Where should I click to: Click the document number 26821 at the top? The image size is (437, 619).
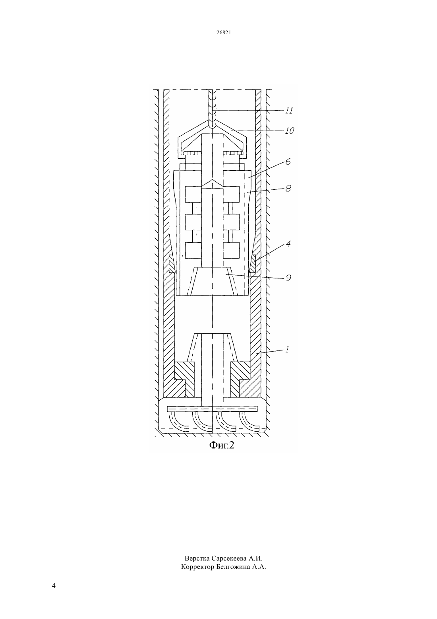224,32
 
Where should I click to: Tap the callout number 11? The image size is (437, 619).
288,111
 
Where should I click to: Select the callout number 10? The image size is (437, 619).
289,130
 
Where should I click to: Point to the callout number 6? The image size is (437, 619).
288,162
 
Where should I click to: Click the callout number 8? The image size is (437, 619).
288,189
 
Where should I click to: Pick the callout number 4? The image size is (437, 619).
288,243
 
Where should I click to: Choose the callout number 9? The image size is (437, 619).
288,277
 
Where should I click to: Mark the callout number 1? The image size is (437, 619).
287,349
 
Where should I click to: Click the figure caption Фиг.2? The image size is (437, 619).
222,445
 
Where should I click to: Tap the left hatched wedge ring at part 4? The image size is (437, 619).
172,264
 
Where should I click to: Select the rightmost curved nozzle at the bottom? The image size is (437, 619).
249,422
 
